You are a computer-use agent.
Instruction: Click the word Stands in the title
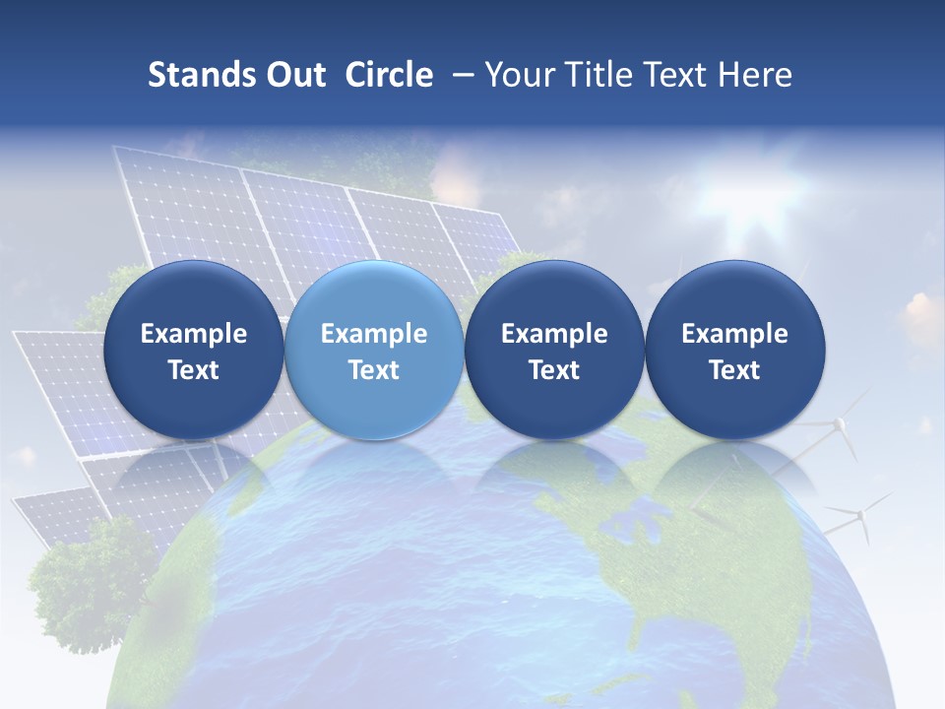coord(199,75)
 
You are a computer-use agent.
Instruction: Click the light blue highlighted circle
coord(373,350)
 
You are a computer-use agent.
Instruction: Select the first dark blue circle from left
coord(193,350)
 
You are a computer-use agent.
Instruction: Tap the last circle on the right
coord(734,350)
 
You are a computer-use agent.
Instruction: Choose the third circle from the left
coord(554,350)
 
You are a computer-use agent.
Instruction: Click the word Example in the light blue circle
coord(373,334)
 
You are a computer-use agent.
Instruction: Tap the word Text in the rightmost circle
coord(734,370)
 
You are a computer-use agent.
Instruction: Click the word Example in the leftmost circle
coord(193,334)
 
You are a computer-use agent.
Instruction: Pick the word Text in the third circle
coord(554,370)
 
